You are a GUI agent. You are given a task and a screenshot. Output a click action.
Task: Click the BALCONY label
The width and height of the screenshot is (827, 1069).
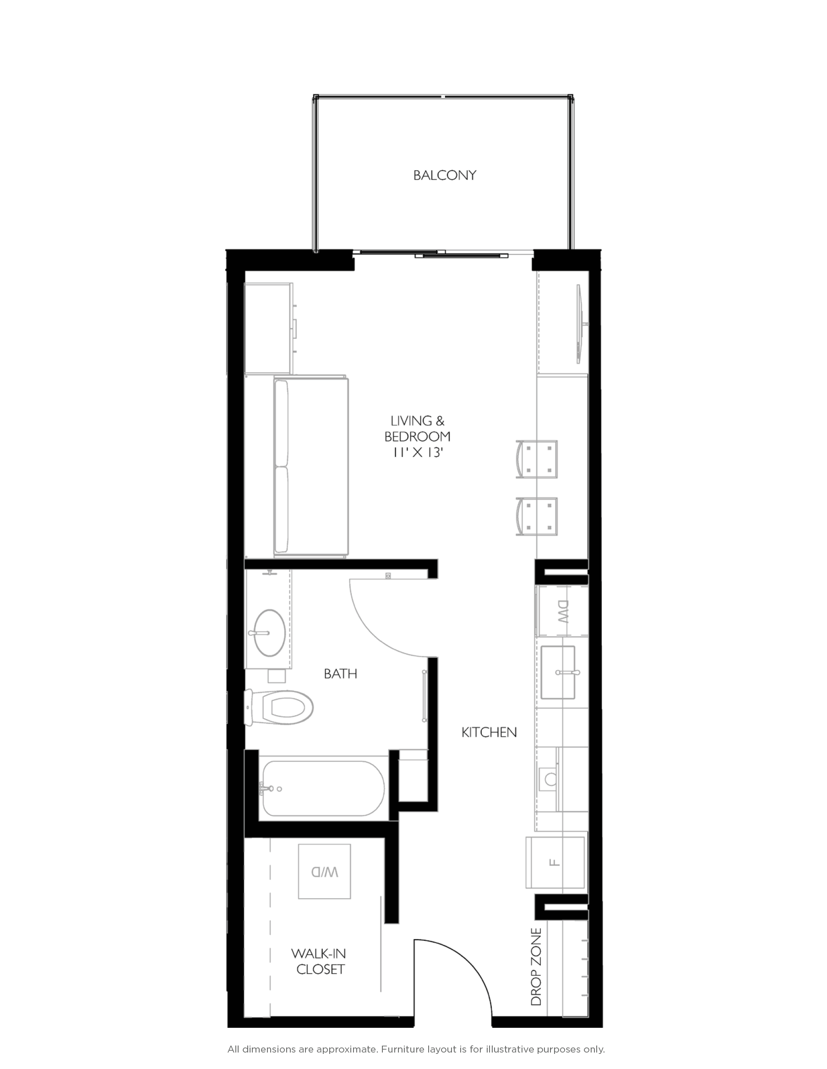444,175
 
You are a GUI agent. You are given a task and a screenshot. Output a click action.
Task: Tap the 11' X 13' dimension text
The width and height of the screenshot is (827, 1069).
417,453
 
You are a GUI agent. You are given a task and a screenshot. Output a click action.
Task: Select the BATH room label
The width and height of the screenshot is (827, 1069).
340,674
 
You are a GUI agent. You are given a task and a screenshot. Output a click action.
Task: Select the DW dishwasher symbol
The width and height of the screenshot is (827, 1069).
563,611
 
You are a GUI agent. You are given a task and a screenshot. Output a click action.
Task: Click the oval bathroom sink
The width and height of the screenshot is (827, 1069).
268,633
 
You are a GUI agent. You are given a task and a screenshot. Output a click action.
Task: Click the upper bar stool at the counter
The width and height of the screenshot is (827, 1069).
538,459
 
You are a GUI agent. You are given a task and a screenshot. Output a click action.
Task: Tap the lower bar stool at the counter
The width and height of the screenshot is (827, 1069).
538,517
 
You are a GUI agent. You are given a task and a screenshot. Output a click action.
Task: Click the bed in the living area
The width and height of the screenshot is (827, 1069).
310,467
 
